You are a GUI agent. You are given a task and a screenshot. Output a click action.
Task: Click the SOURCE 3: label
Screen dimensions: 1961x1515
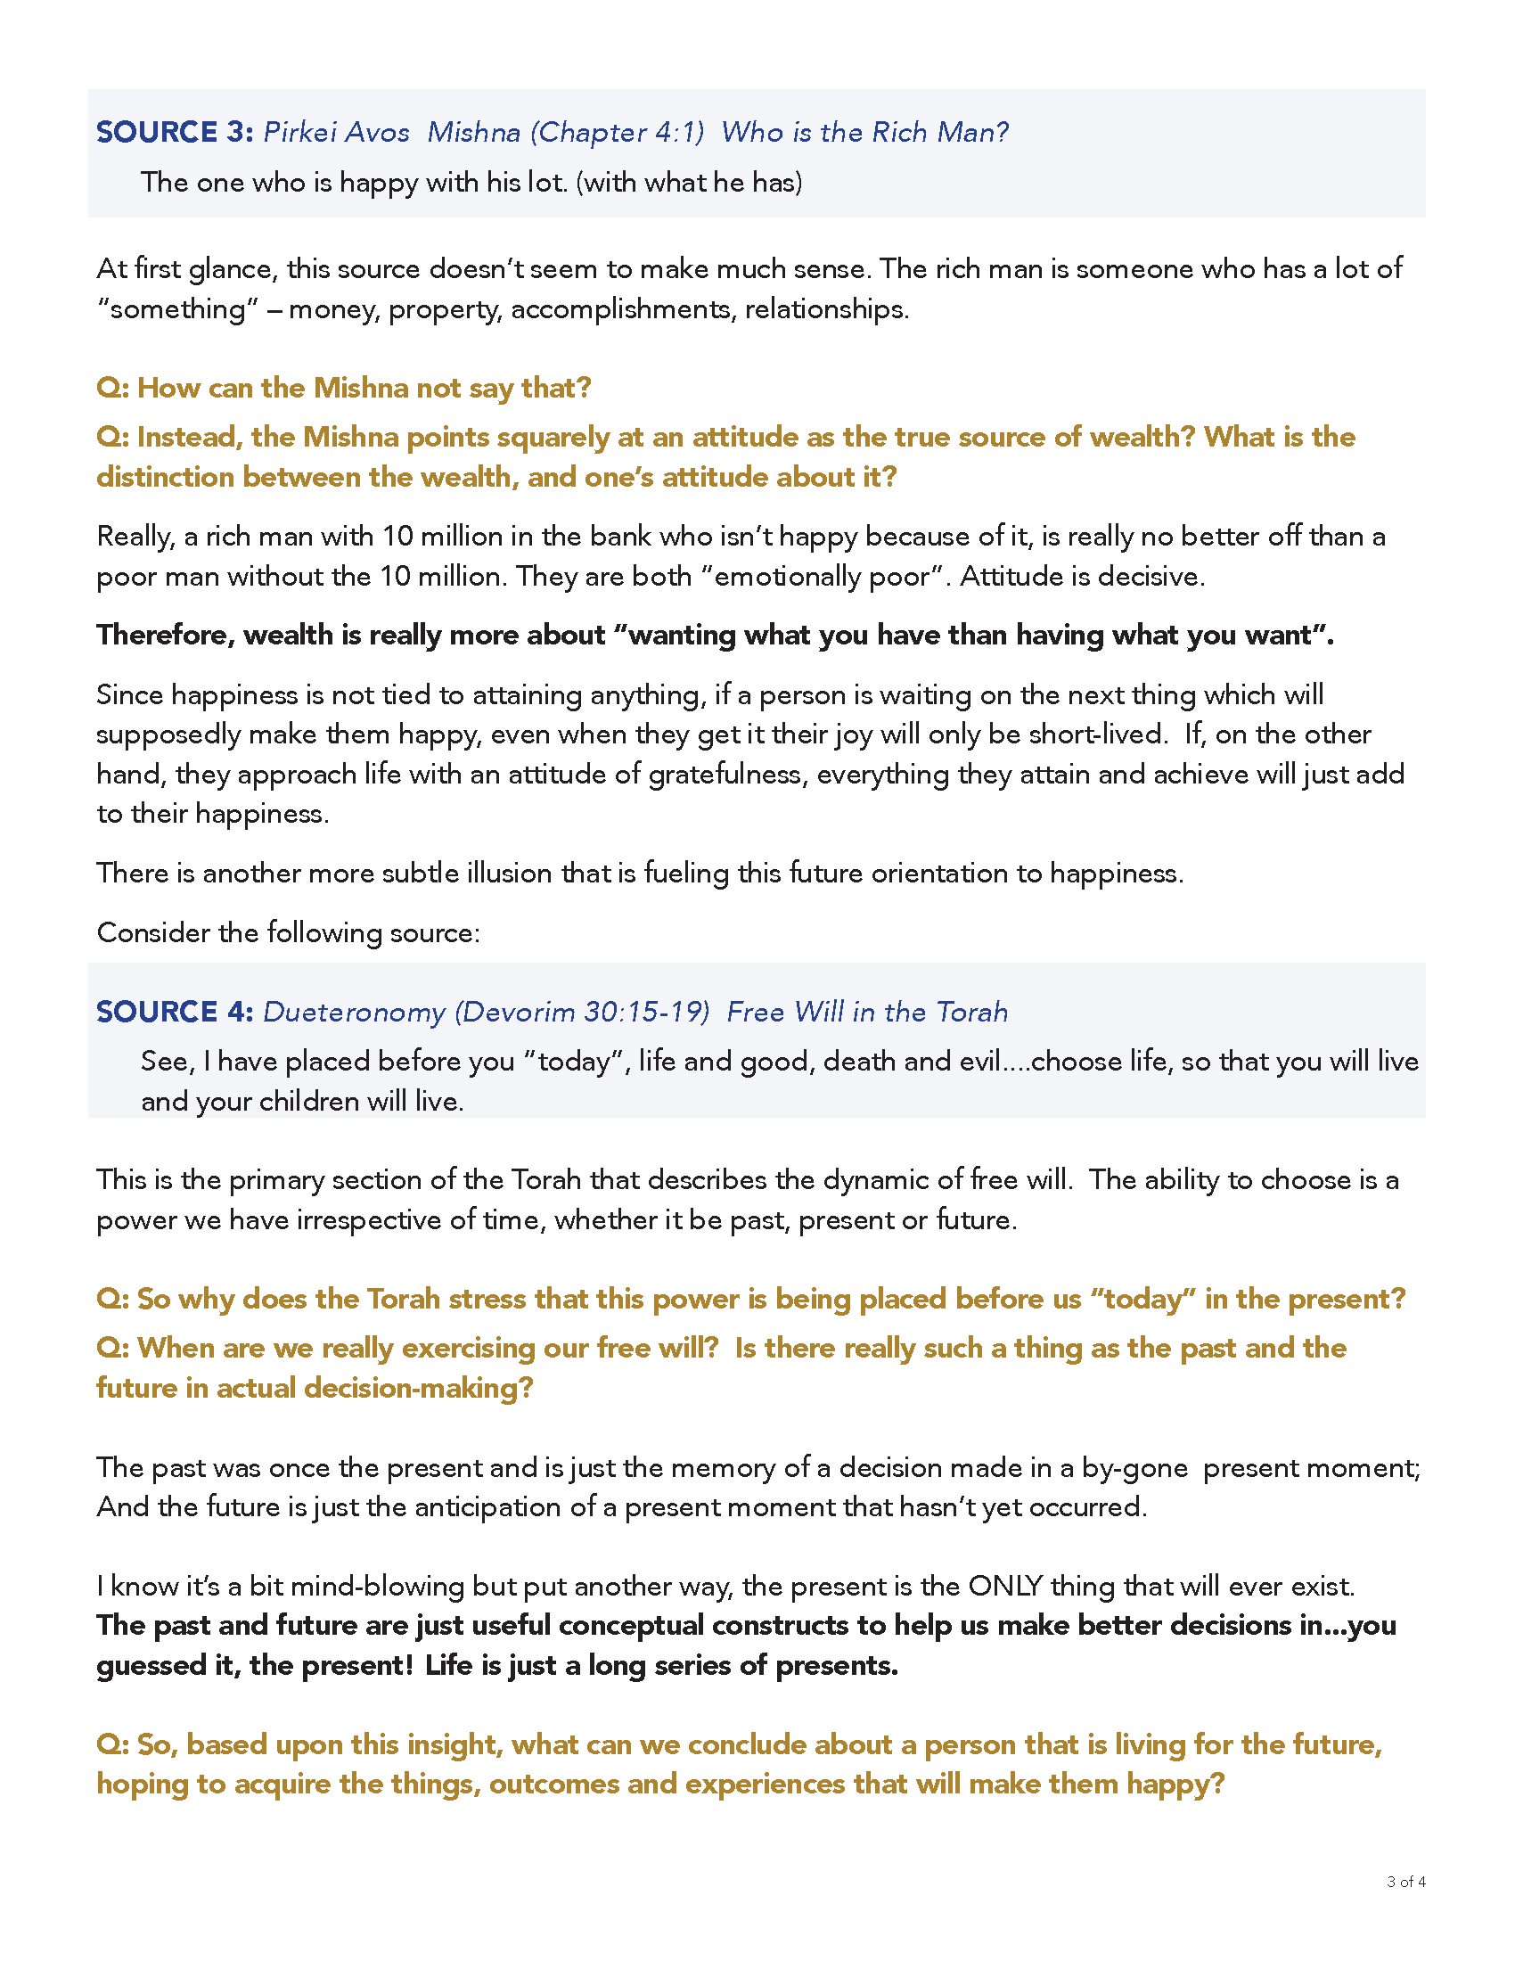175,132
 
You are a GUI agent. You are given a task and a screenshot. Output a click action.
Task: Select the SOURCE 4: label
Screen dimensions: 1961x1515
175,1012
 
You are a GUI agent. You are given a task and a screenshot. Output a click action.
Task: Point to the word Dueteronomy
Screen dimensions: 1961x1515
354,1012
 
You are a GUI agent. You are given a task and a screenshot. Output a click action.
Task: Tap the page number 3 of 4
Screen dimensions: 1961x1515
1405,1881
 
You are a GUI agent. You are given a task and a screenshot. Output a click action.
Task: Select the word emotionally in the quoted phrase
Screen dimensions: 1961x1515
786,576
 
